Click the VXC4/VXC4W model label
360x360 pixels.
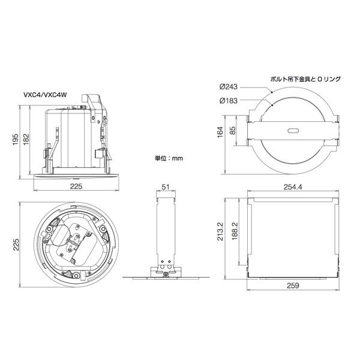click(45, 95)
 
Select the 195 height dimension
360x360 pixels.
click(16, 139)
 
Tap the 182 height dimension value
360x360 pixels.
click(26, 139)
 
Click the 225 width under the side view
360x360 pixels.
click(76, 187)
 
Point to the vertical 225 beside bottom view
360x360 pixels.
click(16, 245)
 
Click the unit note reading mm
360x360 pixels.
click(169, 158)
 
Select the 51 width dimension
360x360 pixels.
click(166, 187)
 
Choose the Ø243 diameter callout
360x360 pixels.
click(229, 87)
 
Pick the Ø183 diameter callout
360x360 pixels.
click(229, 100)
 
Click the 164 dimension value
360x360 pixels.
click(220, 132)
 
